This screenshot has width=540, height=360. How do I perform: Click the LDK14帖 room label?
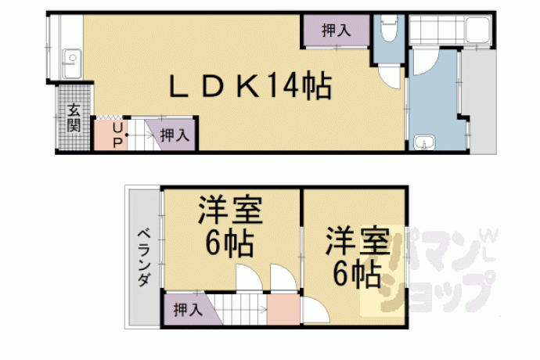[250, 85]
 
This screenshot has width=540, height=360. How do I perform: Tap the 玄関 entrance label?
[74, 117]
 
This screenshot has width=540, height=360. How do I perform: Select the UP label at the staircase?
[117, 135]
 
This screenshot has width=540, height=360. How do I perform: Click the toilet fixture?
[389, 28]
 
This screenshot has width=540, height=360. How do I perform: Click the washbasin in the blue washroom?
[424, 143]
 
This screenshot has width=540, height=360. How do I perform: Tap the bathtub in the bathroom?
[478, 31]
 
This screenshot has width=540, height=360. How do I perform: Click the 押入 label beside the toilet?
[336, 31]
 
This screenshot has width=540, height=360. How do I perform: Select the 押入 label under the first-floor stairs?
[175, 135]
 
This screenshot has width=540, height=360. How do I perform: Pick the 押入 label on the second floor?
[188, 310]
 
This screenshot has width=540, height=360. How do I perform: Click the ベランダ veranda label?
[145, 257]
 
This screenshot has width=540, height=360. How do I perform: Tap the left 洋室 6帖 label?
[230, 225]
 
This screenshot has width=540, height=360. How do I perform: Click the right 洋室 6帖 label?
[358, 257]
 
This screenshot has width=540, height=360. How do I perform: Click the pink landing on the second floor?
[283, 309]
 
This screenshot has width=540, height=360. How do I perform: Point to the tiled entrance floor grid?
[74, 117]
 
